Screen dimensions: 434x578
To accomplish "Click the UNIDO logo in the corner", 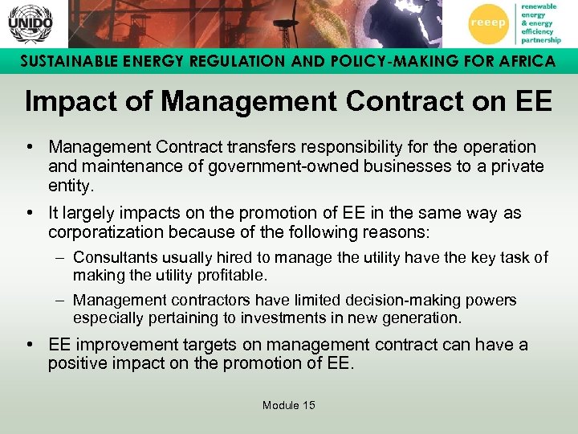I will [x=30, y=24].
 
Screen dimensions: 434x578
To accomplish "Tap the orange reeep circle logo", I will [x=488, y=24].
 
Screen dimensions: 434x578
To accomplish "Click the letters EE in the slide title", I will [x=531, y=102].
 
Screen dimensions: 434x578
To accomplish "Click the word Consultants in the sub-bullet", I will [x=115, y=257].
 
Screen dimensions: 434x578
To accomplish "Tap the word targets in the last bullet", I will [x=231, y=345].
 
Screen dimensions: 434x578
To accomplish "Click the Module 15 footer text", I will [x=289, y=405].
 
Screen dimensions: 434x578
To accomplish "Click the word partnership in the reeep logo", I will [x=540, y=40].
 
